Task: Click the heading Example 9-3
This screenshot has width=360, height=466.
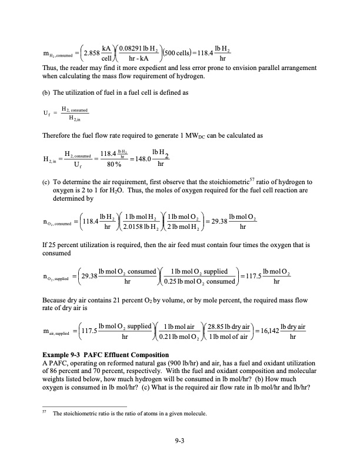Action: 64,355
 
